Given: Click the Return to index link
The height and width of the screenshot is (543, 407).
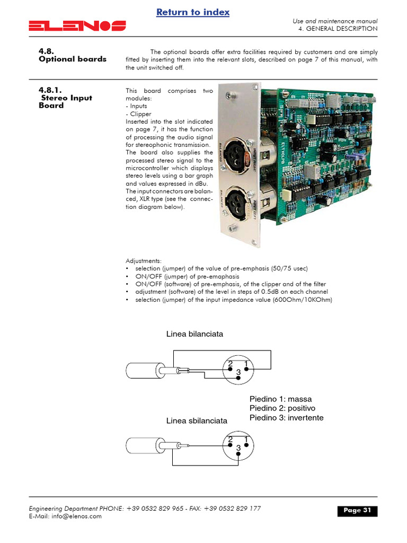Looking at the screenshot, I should pos(193,12).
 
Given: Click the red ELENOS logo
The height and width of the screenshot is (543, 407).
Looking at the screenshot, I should pos(77,25).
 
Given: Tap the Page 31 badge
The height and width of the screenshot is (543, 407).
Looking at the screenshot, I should pos(357,511).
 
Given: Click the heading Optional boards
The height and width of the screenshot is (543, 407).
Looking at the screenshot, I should pos(73,59).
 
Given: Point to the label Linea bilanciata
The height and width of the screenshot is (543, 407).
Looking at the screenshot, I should pos(194,334).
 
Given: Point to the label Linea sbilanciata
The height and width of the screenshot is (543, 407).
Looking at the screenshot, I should pos(197,421).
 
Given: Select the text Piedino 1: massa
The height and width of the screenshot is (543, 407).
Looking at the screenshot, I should pos(280,399).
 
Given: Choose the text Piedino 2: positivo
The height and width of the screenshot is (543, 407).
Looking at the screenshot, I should pos(282,408).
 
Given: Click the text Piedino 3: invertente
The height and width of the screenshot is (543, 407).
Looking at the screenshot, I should pos(286,418).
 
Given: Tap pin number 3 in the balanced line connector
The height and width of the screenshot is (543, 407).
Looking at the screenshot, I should pos(238,373).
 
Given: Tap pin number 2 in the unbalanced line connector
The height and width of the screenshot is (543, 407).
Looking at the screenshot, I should pos(231,440).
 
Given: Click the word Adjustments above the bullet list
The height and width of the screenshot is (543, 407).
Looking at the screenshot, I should pos(143,261).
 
